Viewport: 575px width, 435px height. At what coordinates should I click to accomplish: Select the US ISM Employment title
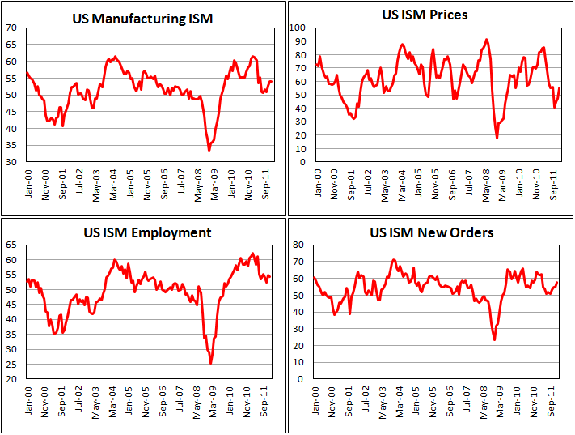click(x=148, y=232)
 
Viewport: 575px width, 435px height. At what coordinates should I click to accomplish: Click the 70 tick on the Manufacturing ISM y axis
click(x=12, y=28)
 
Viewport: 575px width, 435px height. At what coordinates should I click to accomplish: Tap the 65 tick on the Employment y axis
click(x=12, y=244)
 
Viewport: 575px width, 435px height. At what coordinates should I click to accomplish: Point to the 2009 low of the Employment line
click(x=211, y=363)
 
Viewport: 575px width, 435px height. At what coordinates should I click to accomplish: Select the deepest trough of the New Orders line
click(x=494, y=339)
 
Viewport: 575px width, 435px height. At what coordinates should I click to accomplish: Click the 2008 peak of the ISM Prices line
click(x=486, y=39)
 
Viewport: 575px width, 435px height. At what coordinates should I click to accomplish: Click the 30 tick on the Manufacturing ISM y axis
click(x=12, y=162)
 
